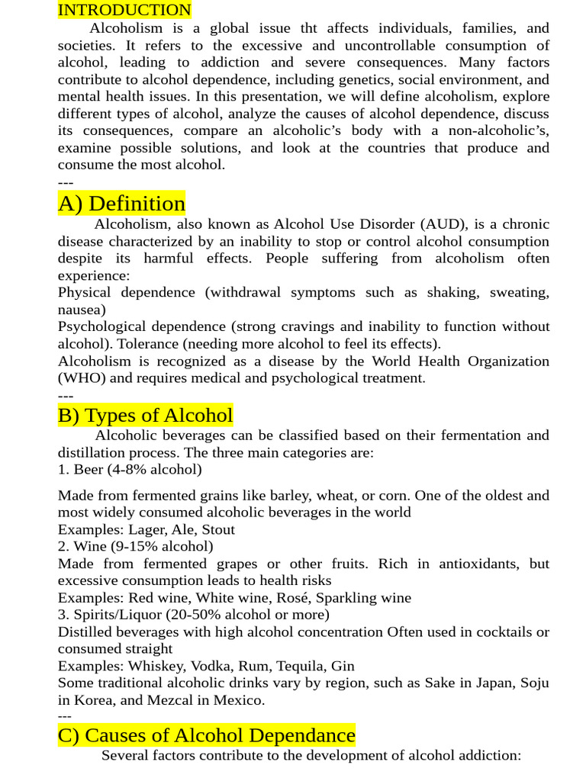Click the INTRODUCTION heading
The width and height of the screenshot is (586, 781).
point(124,10)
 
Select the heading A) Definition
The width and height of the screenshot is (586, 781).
point(121,204)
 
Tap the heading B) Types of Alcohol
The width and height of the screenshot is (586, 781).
point(145,416)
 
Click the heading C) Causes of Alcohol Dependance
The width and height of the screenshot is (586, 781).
point(206,735)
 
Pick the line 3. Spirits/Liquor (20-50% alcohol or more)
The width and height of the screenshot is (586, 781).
point(194,614)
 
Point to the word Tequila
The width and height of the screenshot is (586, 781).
point(302,666)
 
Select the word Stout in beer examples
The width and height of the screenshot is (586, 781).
point(217,529)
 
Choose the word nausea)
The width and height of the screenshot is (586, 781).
point(82,310)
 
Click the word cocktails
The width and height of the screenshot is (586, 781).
point(499,632)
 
